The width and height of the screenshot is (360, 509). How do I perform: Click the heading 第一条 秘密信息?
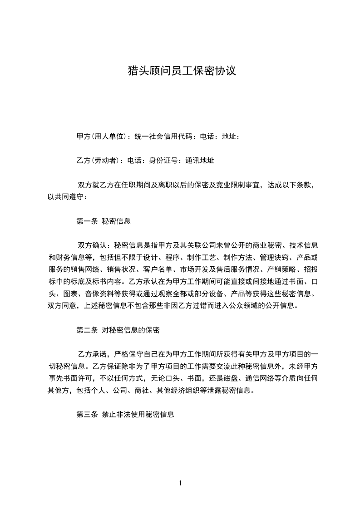click(x=104, y=221)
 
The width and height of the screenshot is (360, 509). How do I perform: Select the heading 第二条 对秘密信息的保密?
click(x=118, y=330)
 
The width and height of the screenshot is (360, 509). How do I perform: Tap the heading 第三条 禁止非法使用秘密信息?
click(x=125, y=415)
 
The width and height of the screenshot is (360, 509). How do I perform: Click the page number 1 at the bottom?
click(x=180, y=484)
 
